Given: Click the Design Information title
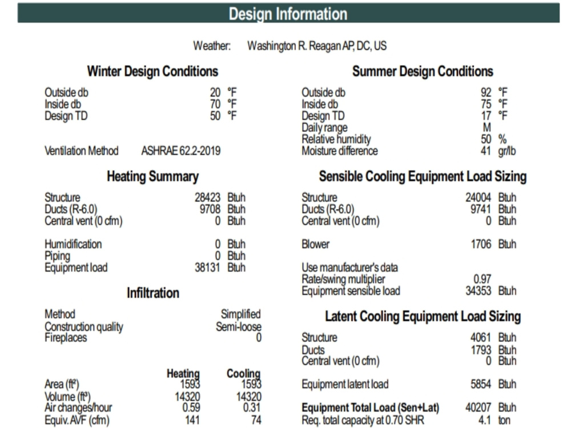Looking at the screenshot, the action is click(288, 14).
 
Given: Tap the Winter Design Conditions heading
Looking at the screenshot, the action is click(152, 71).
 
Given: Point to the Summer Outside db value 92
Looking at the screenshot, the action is click(486, 92).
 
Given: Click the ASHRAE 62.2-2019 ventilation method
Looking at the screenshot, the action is click(181, 151).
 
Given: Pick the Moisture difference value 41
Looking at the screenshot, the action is click(486, 151).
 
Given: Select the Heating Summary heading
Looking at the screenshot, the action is click(152, 176).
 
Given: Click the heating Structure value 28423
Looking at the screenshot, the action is click(207, 197).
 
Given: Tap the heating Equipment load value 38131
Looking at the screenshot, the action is click(207, 268).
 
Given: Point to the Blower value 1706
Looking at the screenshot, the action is click(481, 244).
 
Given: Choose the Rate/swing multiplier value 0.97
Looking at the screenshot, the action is click(482, 279).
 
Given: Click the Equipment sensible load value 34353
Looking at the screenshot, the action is click(478, 291).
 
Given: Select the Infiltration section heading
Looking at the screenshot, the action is click(153, 293).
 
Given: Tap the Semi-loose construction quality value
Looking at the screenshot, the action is click(239, 326).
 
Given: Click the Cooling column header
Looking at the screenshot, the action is click(243, 373).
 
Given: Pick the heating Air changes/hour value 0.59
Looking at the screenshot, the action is click(191, 407).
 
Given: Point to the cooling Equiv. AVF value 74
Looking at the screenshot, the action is click(256, 420).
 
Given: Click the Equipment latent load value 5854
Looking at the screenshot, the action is click(481, 384).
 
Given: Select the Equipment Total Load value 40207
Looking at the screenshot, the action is click(478, 407).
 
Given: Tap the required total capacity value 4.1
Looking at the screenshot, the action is click(484, 420).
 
